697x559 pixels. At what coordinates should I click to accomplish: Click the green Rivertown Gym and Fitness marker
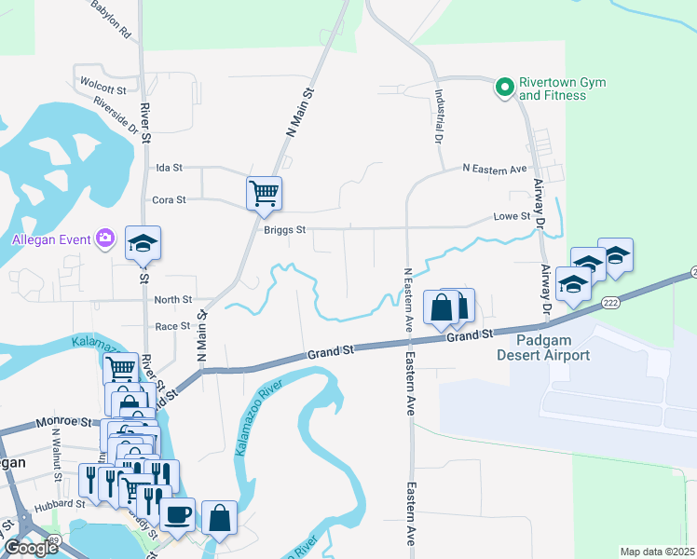(x=504, y=89)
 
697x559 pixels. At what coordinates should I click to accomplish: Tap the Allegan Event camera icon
(x=105, y=239)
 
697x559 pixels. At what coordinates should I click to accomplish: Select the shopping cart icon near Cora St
(x=264, y=193)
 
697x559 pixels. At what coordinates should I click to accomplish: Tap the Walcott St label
(x=103, y=90)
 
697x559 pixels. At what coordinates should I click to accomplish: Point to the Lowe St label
(x=512, y=216)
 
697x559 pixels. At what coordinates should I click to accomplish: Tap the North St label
(x=172, y=300)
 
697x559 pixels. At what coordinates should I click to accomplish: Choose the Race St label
(x=172, y=326)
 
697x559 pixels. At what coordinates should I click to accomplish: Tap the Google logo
(x=32, y=548)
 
